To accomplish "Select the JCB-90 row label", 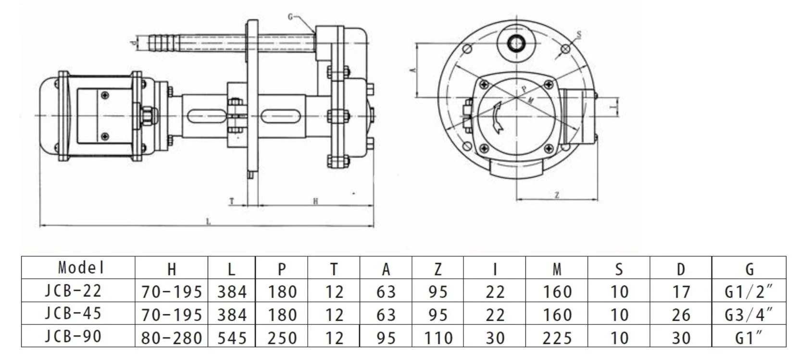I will (74, 336).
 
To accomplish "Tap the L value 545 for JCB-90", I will (232, 337).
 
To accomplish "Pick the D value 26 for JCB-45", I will (680, 315).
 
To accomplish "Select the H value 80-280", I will (171, 337).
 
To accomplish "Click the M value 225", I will (557, 337).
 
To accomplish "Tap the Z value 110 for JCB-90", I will (437, 337).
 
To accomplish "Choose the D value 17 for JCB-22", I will (680, 292).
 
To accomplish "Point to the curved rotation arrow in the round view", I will (498, 118).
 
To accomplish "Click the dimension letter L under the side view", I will (208, 222).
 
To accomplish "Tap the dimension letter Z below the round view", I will (557, 195).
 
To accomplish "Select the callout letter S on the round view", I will (579, 35).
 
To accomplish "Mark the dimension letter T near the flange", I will (232, 201).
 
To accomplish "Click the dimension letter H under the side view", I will (315, 201).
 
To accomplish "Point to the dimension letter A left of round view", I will (412, 70).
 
